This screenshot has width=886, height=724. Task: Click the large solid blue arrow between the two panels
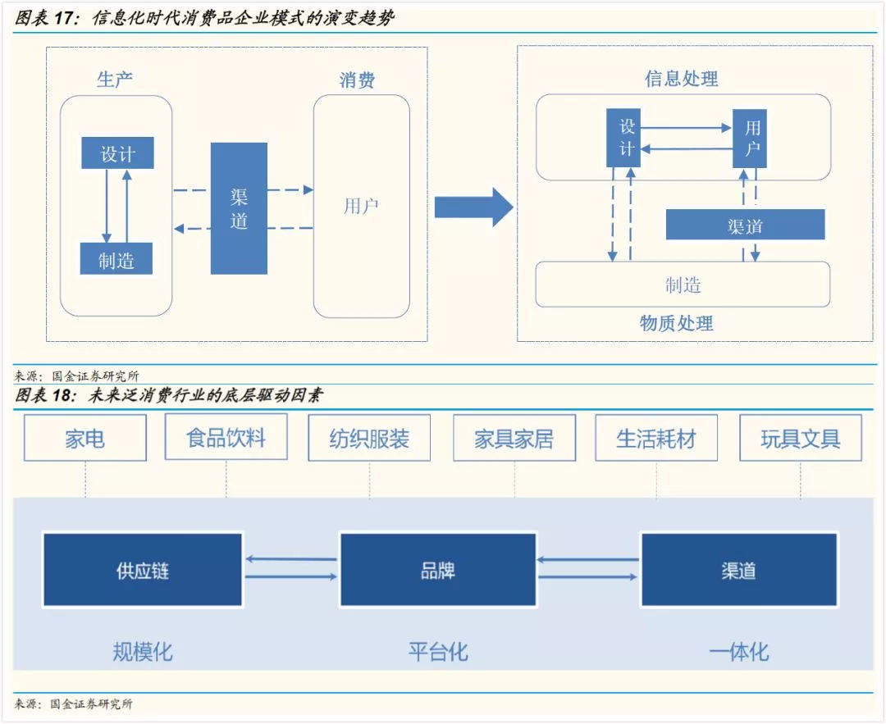[473, 207]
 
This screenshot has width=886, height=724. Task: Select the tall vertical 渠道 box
[239, 208]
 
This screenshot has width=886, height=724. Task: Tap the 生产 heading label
[115, 80]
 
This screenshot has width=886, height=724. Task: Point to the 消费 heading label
[358, 80]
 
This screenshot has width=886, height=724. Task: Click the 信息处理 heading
[681, 79]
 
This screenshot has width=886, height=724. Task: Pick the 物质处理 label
[677, 323]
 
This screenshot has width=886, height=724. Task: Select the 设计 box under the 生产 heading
[117, 153]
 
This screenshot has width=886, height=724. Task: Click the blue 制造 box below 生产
[116, 259]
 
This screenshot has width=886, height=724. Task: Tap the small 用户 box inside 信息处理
[750, 139]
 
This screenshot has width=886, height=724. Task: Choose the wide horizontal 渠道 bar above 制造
[745, 225]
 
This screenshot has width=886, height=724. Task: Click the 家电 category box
[85, 438]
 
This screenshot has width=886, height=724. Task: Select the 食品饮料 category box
[226, 437]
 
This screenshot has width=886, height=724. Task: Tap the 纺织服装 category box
[369, 438]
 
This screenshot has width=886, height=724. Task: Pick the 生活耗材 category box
[656, 438]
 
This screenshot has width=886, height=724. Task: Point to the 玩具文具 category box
[801, 438]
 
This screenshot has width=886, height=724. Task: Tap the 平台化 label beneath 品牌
[438, 652]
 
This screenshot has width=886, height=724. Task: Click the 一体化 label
[738, 652]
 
